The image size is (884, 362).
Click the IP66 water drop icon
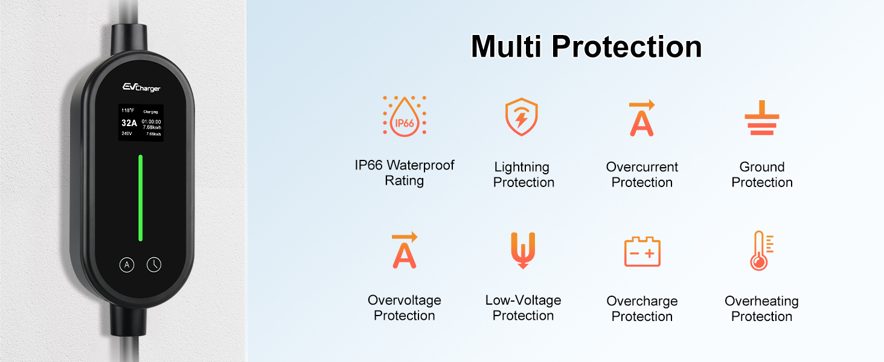[x=405, y=116]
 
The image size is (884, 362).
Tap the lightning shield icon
[x=522, y=116]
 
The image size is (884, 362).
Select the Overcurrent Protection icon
[x=642, y=118]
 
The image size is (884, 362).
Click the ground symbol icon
[x=761, y=118]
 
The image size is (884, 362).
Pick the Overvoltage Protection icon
[x=405, y=250]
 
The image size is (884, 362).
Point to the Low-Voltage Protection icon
[x=523, y=250]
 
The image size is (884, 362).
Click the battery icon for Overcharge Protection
[x=642, y=252]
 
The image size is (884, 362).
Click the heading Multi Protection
[x=586, y=46]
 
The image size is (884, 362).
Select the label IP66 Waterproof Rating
[x=405, y=173]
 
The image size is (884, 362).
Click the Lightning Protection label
[x=524, y=174]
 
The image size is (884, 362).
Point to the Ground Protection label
[x=761, y=174]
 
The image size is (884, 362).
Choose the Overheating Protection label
[x=761, y=308]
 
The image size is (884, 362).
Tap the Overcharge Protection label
[x=642, y=308]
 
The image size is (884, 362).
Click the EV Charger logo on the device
[x=141, y=87]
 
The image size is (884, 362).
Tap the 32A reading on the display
[x=129, y=123]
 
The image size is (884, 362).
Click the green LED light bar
[x=141, y=198]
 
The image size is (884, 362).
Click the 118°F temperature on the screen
[x=127, y=110]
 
